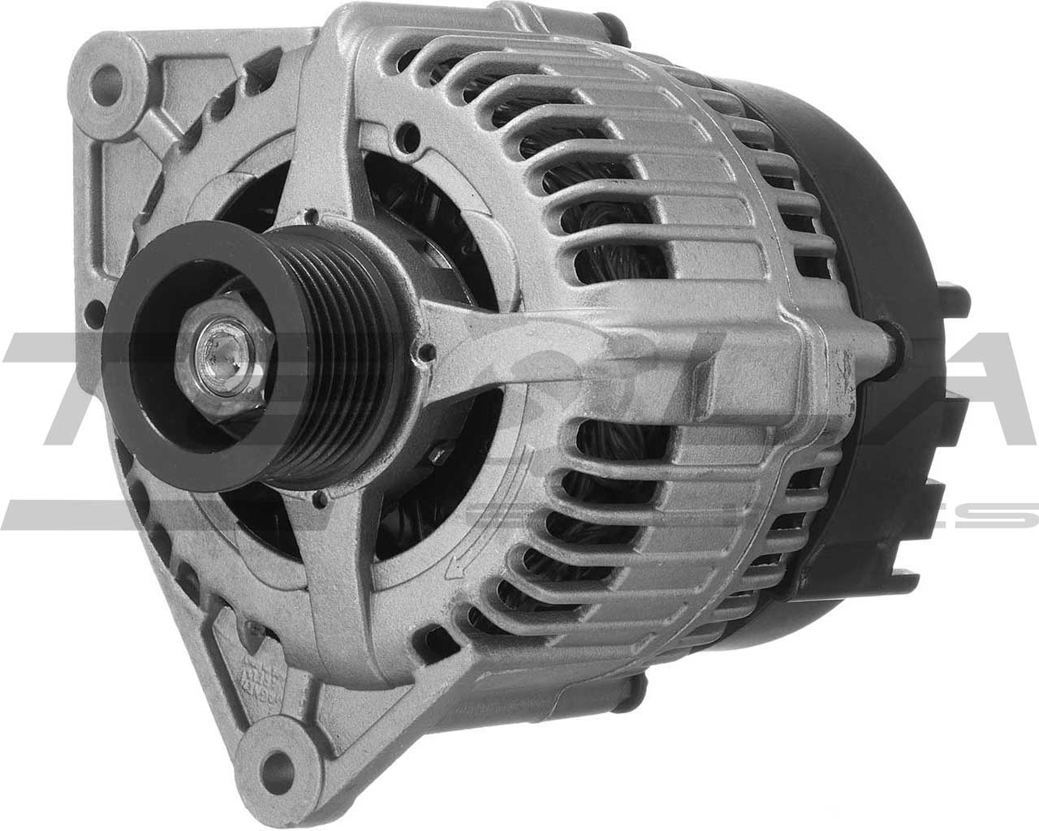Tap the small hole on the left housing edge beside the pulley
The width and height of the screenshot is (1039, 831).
[99, 308]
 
